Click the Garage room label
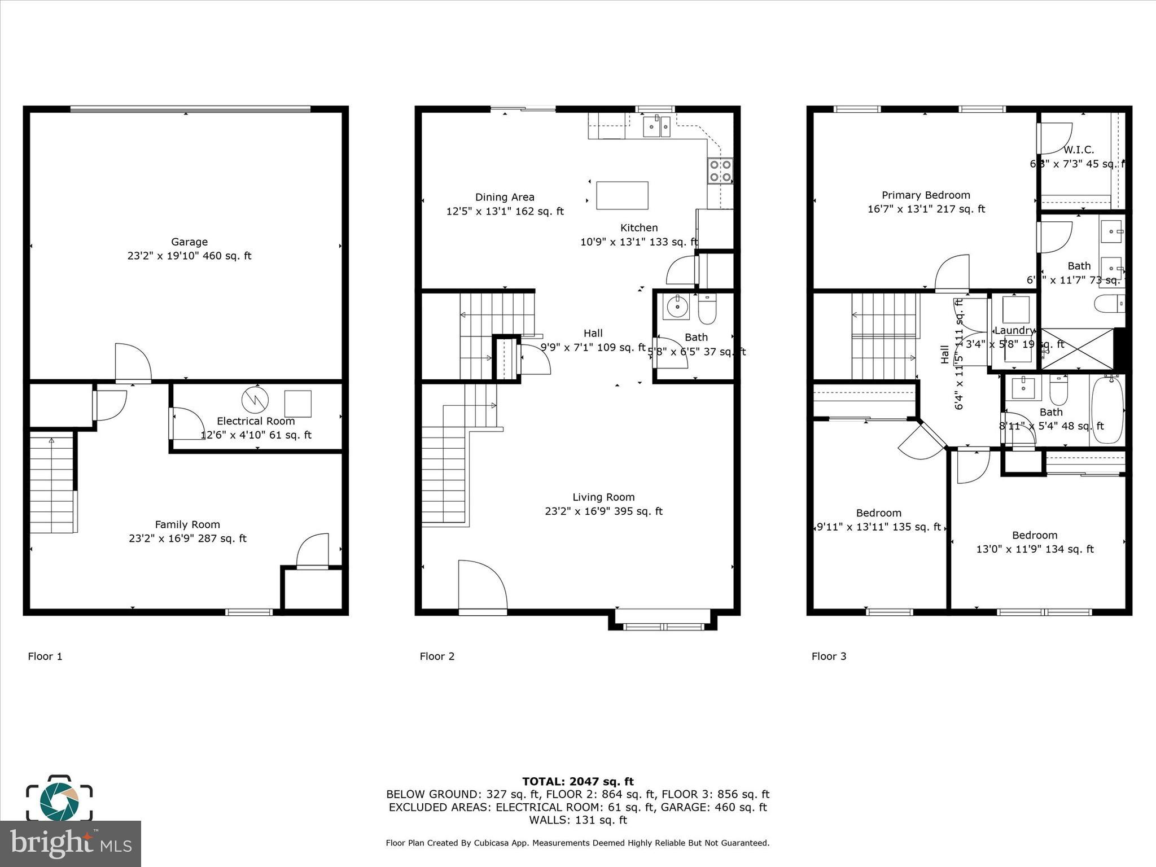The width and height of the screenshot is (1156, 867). tap(189, 242)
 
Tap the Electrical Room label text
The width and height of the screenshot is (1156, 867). tap(256, 421)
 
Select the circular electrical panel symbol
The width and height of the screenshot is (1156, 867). tap(255, 400)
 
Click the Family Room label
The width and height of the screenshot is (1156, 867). tap(187, 524)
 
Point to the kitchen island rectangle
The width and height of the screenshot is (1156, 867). tap(622, 195)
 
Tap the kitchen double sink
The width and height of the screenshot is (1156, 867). tap(656, 126)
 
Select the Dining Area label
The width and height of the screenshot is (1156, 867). tap(505, 197)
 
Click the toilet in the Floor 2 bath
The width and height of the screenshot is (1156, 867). tap(707, 309)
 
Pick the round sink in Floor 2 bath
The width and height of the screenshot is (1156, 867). tap(676, 307)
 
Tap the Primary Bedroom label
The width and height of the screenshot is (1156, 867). tap(926, 195)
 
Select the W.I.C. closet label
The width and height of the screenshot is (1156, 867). tap(1079, 150)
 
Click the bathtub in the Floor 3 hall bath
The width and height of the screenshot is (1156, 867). tap(1107, 411)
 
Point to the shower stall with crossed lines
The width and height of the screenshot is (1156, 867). tap(1076, 349)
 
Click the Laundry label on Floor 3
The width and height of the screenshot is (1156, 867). tap(1014, 331)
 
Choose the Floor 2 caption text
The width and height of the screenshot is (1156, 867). tap(437, 656)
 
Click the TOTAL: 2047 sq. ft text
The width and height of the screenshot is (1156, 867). tap(577, 781)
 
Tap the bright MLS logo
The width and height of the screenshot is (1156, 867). tap(70, 843)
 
